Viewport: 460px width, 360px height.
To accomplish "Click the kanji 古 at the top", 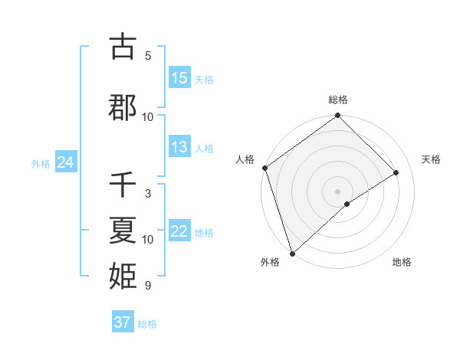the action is (123, 47).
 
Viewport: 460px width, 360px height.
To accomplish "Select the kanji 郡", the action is (123, 108).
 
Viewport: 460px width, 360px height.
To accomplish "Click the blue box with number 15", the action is (179, 78).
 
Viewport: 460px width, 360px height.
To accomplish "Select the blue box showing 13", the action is (179, 147).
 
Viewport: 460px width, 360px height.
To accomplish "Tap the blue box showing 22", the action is (179, 231).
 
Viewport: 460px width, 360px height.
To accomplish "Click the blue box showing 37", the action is (123, 322).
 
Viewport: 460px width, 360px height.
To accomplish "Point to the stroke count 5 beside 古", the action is (148, 56).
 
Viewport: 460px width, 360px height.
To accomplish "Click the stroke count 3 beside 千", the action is (148, 194).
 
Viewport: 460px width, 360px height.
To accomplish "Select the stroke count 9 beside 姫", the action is (148, 286).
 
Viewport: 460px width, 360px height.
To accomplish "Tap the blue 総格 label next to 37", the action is (147, 324).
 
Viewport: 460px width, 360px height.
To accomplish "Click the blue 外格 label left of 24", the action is (41, 164).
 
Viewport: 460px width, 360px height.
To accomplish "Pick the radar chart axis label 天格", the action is (432, 159).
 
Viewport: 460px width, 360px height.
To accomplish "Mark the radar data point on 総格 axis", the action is (337, 116).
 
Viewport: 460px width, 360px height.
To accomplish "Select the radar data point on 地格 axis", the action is (347, 204).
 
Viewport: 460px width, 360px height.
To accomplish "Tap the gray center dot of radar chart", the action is (337, 191).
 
